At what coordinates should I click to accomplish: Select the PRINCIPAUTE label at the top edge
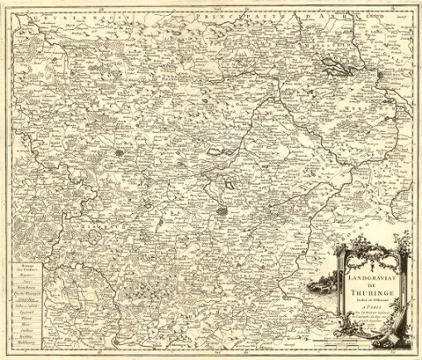[x=233, y=12]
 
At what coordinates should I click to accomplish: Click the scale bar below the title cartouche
[x=357, y=340]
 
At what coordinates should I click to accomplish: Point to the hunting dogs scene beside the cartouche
[x=318, y=286]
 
